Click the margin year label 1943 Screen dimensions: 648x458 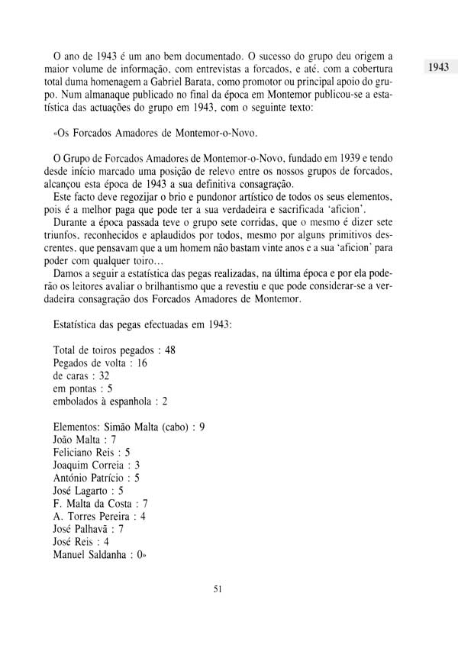[x=437, y=67]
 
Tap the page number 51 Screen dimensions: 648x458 [x=218, y=608]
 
